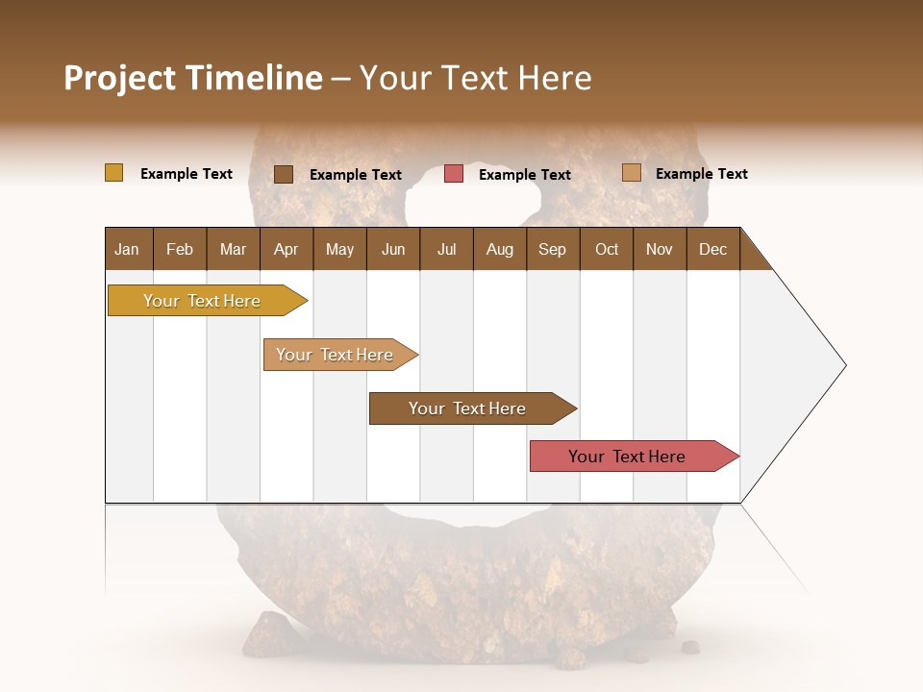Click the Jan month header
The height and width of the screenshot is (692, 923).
click(127, 249)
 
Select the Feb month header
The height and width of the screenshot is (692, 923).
click(180, 249)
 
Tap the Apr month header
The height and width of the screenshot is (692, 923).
click(286, 249)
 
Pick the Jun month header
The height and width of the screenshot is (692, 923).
click(393, 249)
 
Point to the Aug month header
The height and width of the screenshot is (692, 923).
click(499, 249)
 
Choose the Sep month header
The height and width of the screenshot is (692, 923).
click(552, 249)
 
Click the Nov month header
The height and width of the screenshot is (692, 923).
click(659, 249)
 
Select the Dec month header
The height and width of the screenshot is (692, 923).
click(712, 249)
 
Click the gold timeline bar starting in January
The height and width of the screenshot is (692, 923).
click(202, 301)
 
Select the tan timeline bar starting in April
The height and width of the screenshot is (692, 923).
click(335, 355)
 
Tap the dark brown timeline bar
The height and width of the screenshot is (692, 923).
click(467, 408)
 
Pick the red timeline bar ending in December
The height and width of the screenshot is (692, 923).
click(627, 457)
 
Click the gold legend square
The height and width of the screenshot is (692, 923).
click(113, 173)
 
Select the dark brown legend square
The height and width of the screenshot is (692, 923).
click(283, 174)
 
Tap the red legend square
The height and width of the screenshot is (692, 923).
click(454, 174)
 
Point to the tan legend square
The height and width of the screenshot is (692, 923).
click(631, 173)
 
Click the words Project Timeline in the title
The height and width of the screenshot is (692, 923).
click(192, 78)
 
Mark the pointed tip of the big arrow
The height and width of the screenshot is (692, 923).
click(844, 365)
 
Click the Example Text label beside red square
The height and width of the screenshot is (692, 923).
click(524, 175)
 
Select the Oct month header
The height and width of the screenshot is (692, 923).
click(606, 249)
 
